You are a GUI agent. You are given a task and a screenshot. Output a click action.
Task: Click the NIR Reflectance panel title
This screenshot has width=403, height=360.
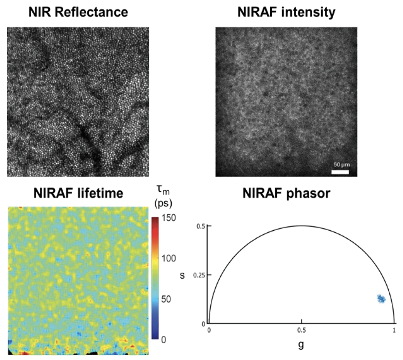pyautogui.click(x=78, y=12)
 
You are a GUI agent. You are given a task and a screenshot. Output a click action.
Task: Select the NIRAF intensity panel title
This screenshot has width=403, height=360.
pyautogui.click(x=286, y=12)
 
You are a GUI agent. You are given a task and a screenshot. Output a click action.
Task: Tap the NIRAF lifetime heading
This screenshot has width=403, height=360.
pyautogui.click(x=78, y=193)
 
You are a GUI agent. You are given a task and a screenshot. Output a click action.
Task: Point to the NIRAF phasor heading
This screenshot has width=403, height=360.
pyautogui.click(x=286, y=193)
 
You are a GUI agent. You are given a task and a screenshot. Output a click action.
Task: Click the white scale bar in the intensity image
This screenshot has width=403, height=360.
pyautogui.click(x=340, y=172)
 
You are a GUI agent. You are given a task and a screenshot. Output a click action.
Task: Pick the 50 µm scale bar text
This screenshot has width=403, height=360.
pyautogui.click(x=341, y=165)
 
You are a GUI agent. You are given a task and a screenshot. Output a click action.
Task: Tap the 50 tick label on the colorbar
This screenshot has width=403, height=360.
pyautogui.click(x=166, y=299)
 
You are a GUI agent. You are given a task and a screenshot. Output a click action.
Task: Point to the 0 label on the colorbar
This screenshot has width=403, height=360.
pyautogui.click(x=164, y=339)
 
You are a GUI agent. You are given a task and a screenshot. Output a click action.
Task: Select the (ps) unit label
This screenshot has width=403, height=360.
pyautogui.click(x=163, y=204)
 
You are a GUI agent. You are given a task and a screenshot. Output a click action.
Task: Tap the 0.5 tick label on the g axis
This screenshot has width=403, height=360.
pyautogui.click(x=301, y=331)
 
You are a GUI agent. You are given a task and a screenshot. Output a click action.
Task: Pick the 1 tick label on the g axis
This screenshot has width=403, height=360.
pyautogui.click(x=394, y=331)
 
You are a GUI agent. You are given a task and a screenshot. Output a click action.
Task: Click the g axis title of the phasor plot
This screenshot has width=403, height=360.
pyautogui.click(x=301, y=344)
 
